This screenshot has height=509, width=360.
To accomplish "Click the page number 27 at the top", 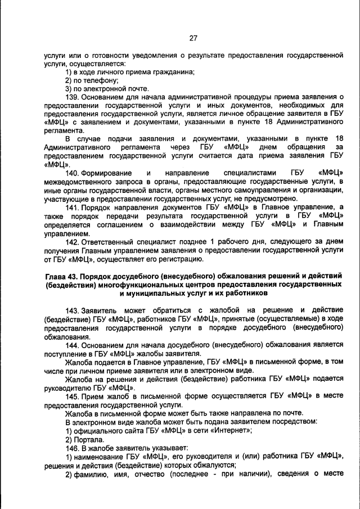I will click(x=193, y=38).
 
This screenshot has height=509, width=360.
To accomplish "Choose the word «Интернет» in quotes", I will click(x=230, y=430).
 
